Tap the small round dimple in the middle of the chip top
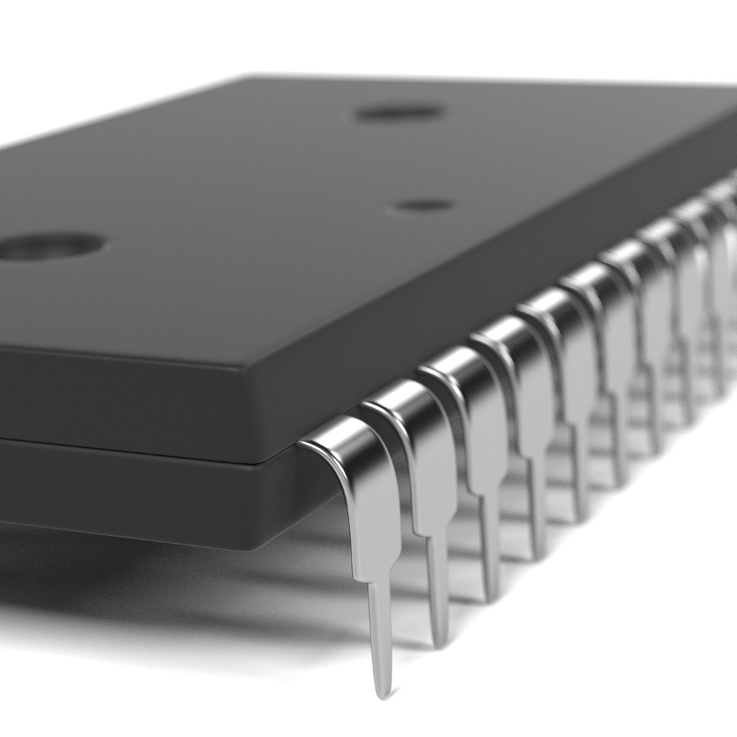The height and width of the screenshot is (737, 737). coord(423,204)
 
